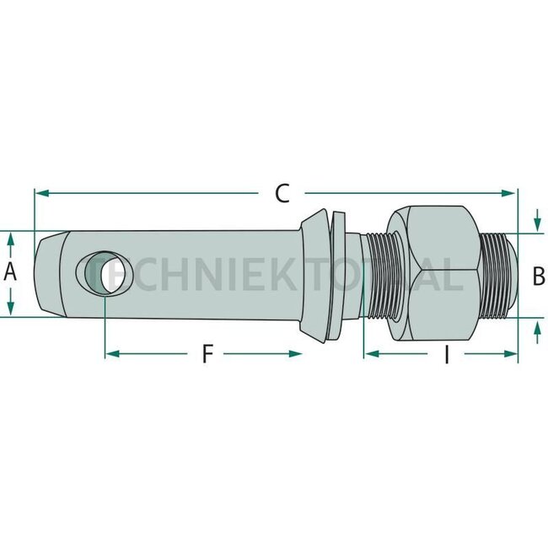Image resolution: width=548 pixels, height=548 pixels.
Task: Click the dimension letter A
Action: click(11, 272)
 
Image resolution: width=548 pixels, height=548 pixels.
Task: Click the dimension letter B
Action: click(540, 275)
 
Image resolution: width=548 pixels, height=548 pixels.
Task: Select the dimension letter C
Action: click(282, 193)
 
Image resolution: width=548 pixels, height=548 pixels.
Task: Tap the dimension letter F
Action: click(207, 354)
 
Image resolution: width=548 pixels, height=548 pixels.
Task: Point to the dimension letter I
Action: click(447, 355)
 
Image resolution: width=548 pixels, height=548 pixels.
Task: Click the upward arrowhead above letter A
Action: click(11, 240)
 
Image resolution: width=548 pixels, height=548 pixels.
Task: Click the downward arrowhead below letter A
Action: click(11, 307)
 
